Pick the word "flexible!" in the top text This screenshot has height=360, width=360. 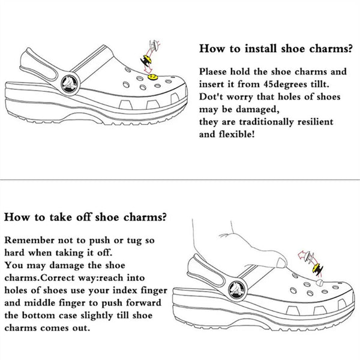coord(240,134)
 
